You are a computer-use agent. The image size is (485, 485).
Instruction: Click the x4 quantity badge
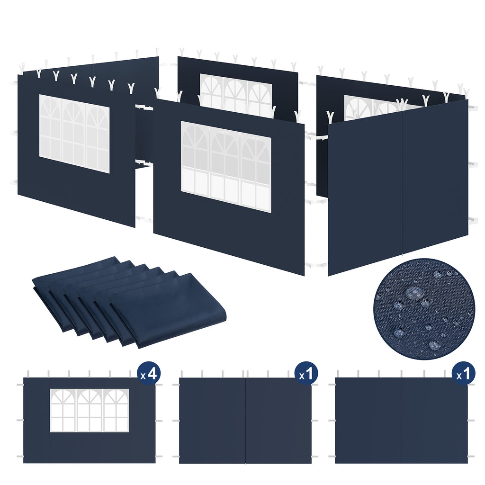(148, 374)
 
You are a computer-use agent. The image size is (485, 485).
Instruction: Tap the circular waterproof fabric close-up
(424, 309)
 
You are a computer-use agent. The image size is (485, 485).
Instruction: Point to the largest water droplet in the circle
(415, 293)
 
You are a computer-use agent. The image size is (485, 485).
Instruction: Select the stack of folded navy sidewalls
(128, 301)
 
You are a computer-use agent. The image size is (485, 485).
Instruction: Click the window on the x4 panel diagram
(90, 410)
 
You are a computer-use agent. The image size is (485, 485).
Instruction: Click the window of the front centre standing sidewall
(226, 166)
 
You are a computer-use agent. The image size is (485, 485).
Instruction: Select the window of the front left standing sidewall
(74, 134)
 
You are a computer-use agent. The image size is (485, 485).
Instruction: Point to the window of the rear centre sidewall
(235, 95)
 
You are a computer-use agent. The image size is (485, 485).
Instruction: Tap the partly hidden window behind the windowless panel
(369, 107)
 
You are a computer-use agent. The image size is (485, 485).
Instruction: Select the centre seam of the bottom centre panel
(245, 420)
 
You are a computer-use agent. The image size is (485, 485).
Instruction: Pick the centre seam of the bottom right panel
(401, 420)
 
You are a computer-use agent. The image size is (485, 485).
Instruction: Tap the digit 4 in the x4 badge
(152, 374)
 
